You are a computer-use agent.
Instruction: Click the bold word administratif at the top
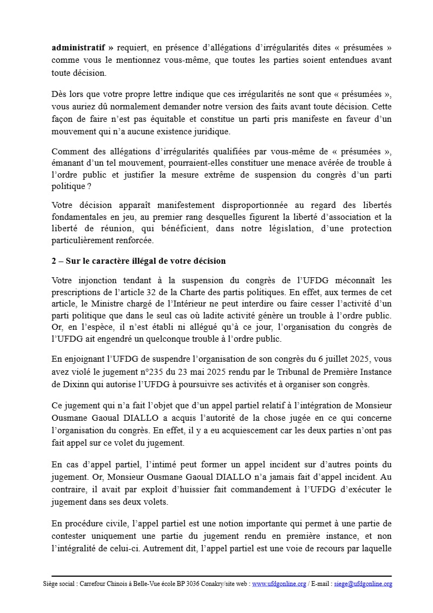click(x=75, y=47)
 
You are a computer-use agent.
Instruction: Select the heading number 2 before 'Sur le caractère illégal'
click(x=54, y=261)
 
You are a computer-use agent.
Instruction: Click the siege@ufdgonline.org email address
click(x=363, y=584)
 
